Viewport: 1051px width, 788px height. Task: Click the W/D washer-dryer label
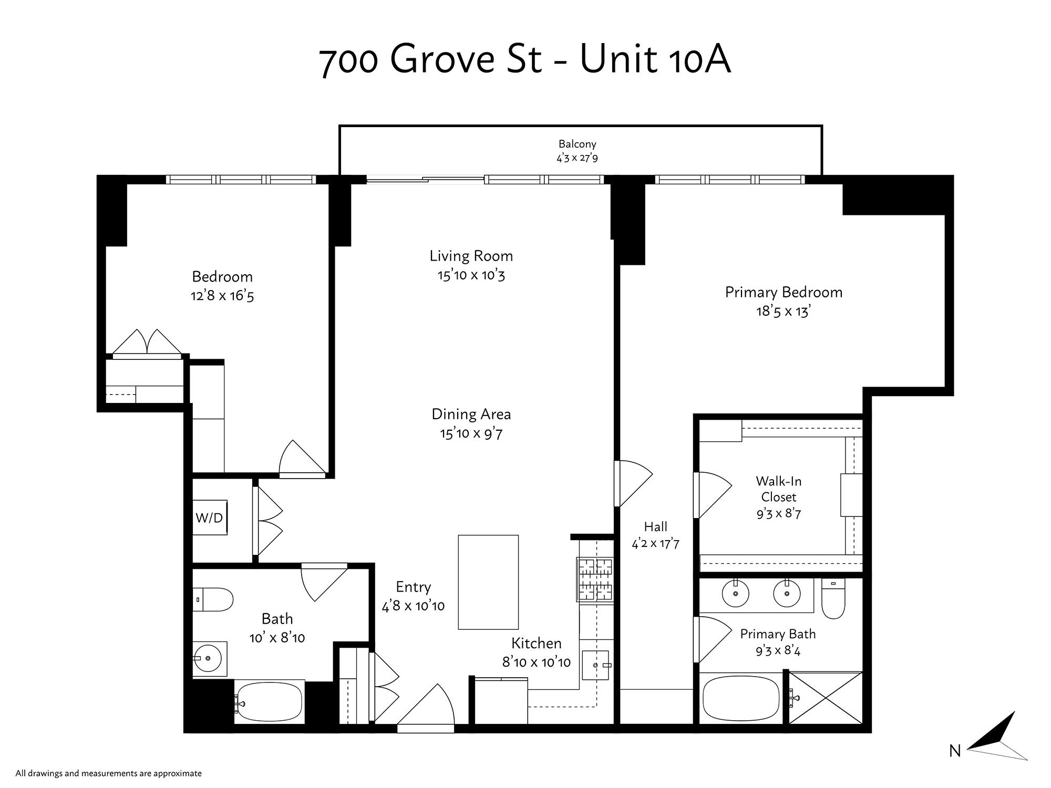pos(209,518)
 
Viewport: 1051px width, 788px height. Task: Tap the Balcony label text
pos(577,144)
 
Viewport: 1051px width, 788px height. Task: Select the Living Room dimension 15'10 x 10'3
pos(471,275)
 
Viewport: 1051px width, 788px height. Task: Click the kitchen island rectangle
pos(488,582)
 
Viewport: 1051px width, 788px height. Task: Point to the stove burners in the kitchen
pos(596,579)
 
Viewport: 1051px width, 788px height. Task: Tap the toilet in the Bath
pos(213,599)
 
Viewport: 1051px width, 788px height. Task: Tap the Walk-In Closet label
pos(779,489)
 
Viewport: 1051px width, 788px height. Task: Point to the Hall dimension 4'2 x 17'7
pos(655,544)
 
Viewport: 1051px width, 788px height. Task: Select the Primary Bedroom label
pos(784,293)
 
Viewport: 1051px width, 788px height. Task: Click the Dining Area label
pos(471,414)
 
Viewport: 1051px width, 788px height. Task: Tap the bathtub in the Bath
pos(269,702)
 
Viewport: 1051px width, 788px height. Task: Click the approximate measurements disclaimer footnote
pos(109,773)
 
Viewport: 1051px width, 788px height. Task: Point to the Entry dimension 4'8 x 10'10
pos(413,606)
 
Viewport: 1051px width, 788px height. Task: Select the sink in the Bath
pos(210,658)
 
